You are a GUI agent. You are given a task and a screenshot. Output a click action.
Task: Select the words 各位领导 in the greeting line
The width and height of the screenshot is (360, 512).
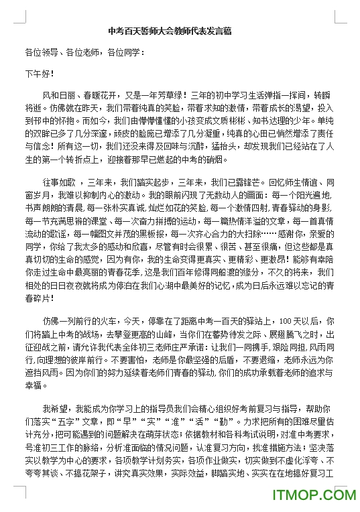click(x=40, y=51)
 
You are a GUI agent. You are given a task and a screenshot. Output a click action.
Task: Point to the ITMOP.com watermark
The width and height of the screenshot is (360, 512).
click(x=313, y=497)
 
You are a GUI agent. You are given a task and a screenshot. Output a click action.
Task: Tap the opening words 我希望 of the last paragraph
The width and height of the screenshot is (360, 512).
click(x=54, y=408)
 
